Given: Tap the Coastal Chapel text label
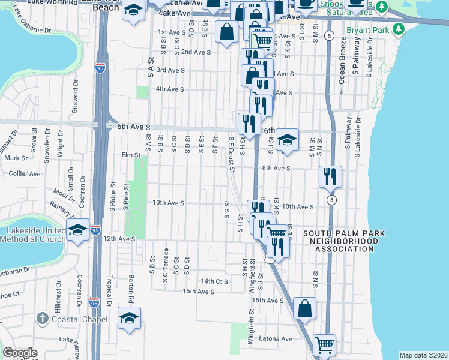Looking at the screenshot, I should coord(80,319).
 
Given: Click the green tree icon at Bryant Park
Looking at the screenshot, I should coord(398,29).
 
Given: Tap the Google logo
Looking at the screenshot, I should coord(20,353).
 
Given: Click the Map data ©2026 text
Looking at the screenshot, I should coord(424,355).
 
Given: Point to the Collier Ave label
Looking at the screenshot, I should coord(25,173).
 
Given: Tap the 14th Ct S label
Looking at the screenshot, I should coord(215,281).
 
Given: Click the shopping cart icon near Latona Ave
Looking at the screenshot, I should coord(324,344).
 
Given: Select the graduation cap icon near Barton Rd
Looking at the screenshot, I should coord(129,318).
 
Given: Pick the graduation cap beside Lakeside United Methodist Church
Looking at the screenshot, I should coord(79,229).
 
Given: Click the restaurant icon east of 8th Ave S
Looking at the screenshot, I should coord(330,176).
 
